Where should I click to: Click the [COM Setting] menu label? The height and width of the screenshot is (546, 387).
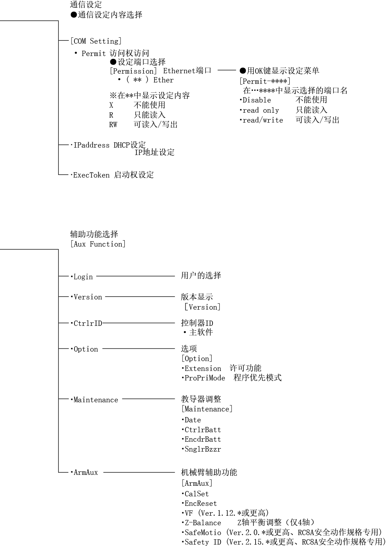pyautogui.click(x=96, y=41)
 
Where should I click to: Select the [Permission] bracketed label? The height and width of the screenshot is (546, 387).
pyautogui.click(x=133, y=71)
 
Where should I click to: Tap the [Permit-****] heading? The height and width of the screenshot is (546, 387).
pyautogui.click(x=265, y=81)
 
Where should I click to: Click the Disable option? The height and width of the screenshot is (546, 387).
pyautogui.click(x=257, y=100)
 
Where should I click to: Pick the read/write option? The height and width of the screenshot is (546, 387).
pyautogui.click(x=263, y=120)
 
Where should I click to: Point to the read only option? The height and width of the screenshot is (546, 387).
pyautogui.click(x=261, y=110)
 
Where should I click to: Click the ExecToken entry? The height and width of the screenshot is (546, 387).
pyautogui.click(x=91, y=175)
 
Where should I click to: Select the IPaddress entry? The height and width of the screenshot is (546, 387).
pyautogui.click(x=91, y=145)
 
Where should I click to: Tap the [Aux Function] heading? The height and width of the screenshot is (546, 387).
pyautogui.click(x=98, y=244)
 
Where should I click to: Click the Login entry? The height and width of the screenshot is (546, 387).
pyautogui.click(x=83, y=277)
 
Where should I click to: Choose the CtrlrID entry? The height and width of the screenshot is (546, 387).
pyautogui.click(x=88, y=323)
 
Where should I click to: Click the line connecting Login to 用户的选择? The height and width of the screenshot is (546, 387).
pyautogui.click(x=136, y=276)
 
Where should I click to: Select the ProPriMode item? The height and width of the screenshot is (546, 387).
pyautogui.click(x=205, y=378)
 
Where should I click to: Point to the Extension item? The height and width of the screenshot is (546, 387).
pyautogui.click(x=203, y=368)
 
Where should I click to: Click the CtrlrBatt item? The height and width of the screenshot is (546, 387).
pyautogui.click(x=203, y=429)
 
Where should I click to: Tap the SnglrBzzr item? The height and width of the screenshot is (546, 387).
pyautogui.click(x=203, y=449)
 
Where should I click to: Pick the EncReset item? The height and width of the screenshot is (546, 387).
pyautogui.click(x=201, y=503)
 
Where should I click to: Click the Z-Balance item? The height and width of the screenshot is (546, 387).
pyautogui.click(x=203, y=523)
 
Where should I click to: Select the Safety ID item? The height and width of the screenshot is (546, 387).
pyautogui.click(x=203, y=542)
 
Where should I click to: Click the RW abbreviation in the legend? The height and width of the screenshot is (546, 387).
pyautogui.click(x=113, y=125)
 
